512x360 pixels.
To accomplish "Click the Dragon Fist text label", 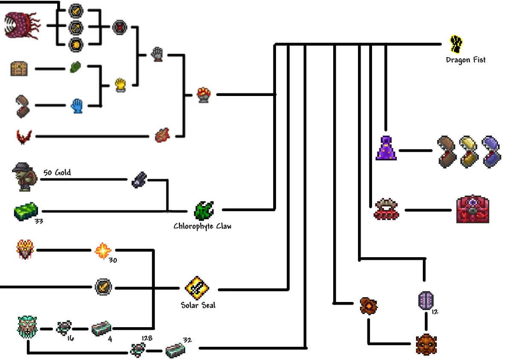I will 465,60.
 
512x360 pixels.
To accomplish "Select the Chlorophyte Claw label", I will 202,226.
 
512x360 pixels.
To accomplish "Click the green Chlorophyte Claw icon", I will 204,210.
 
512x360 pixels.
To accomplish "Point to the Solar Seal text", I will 198,305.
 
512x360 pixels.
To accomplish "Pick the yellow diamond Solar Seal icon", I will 197,288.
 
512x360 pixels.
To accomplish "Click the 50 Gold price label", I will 57,173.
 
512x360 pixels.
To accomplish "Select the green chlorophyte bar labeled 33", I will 26,212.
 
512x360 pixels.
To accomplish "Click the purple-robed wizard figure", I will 386,148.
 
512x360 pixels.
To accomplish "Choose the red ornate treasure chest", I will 472,209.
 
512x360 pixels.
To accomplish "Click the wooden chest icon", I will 19,69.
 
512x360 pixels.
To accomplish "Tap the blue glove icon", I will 77,105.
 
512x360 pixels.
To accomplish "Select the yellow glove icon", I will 121,84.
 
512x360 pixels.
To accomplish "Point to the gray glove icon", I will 157,54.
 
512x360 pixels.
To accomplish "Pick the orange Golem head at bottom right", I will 427,344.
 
